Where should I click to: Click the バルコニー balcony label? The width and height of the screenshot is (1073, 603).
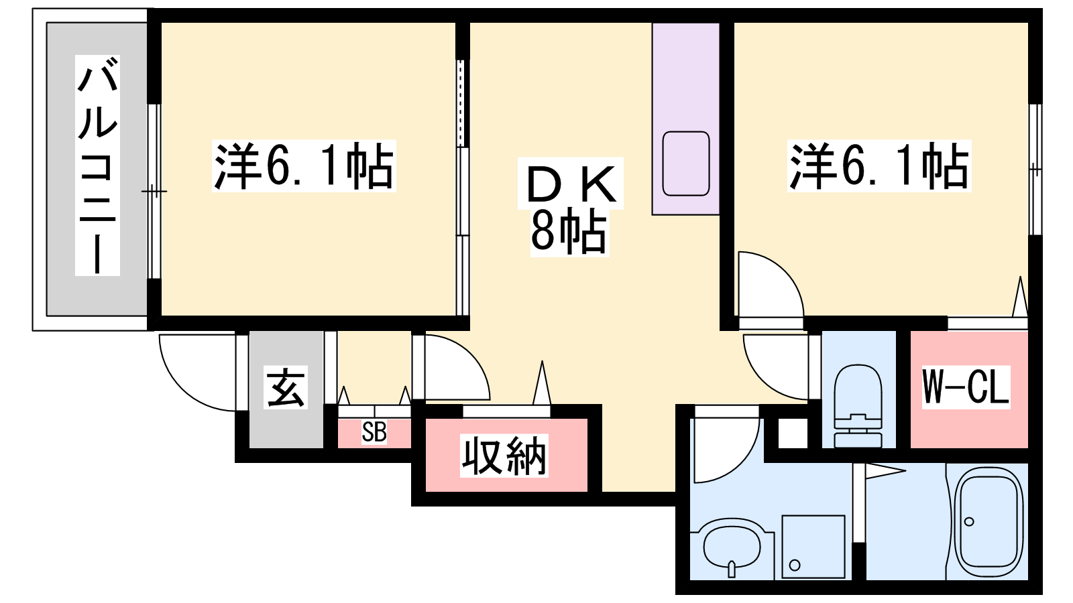pyautogui.click(x=97, y=165)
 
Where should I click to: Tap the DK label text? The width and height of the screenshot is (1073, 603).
pyautogui.click(x=571, y=184)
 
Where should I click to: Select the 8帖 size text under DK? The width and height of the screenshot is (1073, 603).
pyautogui.click(x=569, y=232)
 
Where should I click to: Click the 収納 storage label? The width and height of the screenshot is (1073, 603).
pyautogui.click(x=504, y=456)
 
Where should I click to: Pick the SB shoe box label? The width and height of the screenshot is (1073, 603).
pyautogui.click(x=374, y=432)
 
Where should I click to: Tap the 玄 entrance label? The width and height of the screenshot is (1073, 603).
pyautogui.click(x=286, y=388)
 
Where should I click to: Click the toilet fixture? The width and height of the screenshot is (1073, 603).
pyautogui.click(x=858, y=406)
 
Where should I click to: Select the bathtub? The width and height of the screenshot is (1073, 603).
pyautogui.click(x=989, y=523)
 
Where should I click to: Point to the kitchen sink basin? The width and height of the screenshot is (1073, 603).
pyautogui.click(x=686, y=163)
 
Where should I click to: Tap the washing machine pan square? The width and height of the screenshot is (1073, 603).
pyautogui.click(x=813, y=547)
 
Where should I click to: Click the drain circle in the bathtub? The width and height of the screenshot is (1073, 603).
pyautogui.click(x=969, y=521)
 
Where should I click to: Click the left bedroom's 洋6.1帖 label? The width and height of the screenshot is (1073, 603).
pyautogui.click(x=304, y=166)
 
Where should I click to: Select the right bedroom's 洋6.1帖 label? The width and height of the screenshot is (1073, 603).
pyautogui.click(x=879, y=166)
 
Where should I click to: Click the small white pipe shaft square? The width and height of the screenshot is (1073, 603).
pyautogui.click(x=793, y=433)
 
